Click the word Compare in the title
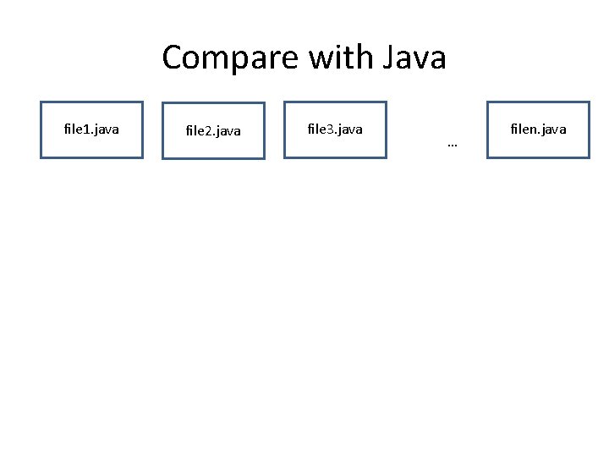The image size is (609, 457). pos(231,58)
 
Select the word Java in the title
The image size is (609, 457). pos(414,58)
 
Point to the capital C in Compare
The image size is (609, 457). pos(173,58)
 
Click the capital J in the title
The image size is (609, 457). pos(390,58)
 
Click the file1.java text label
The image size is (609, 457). pos(91,129)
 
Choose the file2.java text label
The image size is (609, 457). pos(213,131)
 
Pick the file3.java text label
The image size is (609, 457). pos(335,129)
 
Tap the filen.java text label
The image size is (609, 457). pos(538,129)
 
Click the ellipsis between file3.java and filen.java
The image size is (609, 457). pos(452,146)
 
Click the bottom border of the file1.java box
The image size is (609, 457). pos(91,157)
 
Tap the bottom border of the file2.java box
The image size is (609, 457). pos(213,158)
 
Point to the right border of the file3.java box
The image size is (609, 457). pos(386,129)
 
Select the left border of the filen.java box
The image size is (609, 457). pos(487,129)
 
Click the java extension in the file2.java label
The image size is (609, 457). pos(227,131)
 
